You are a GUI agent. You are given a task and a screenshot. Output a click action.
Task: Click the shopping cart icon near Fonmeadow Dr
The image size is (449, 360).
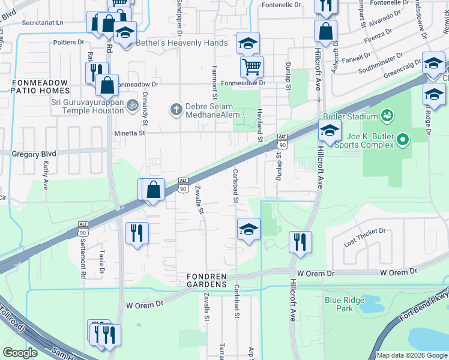click(x=252, y=65)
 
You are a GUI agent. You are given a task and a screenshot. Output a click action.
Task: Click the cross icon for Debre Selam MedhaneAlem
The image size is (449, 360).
click(x=175, y=109)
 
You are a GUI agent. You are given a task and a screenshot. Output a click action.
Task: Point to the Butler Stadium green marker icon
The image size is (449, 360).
click(x=387, y=115)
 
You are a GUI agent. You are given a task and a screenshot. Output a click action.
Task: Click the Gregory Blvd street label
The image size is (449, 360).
click(x=34, y=154)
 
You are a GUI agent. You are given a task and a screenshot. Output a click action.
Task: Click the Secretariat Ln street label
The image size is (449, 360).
click(x=42, y=22)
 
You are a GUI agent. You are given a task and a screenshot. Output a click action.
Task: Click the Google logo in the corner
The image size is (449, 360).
click(x=20, y=352)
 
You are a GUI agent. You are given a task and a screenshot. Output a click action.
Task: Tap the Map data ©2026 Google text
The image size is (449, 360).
click(x=411, y=355)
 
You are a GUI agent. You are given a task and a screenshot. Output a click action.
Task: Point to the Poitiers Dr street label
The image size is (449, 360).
click(x=68, y=43)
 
